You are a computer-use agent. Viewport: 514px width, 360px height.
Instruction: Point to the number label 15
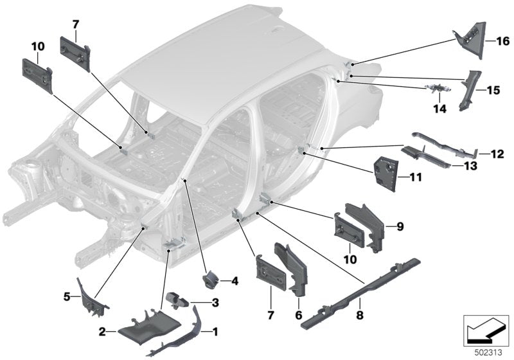493,91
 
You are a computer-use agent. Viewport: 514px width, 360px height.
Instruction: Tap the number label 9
399,226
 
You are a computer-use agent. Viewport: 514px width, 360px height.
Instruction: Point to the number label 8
359,317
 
